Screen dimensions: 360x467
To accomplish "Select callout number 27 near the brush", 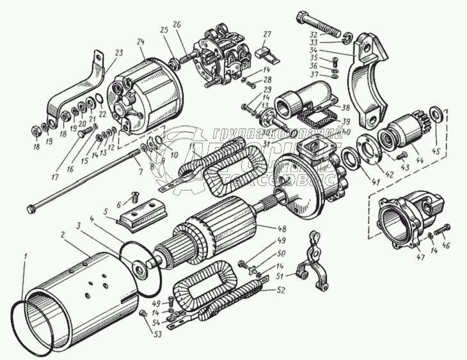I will coord(267,34).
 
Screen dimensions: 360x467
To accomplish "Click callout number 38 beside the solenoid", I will coord(346,108).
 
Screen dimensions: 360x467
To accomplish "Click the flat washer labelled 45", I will coord(437,114).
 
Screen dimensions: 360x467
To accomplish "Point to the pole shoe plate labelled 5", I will coord(139,214).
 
